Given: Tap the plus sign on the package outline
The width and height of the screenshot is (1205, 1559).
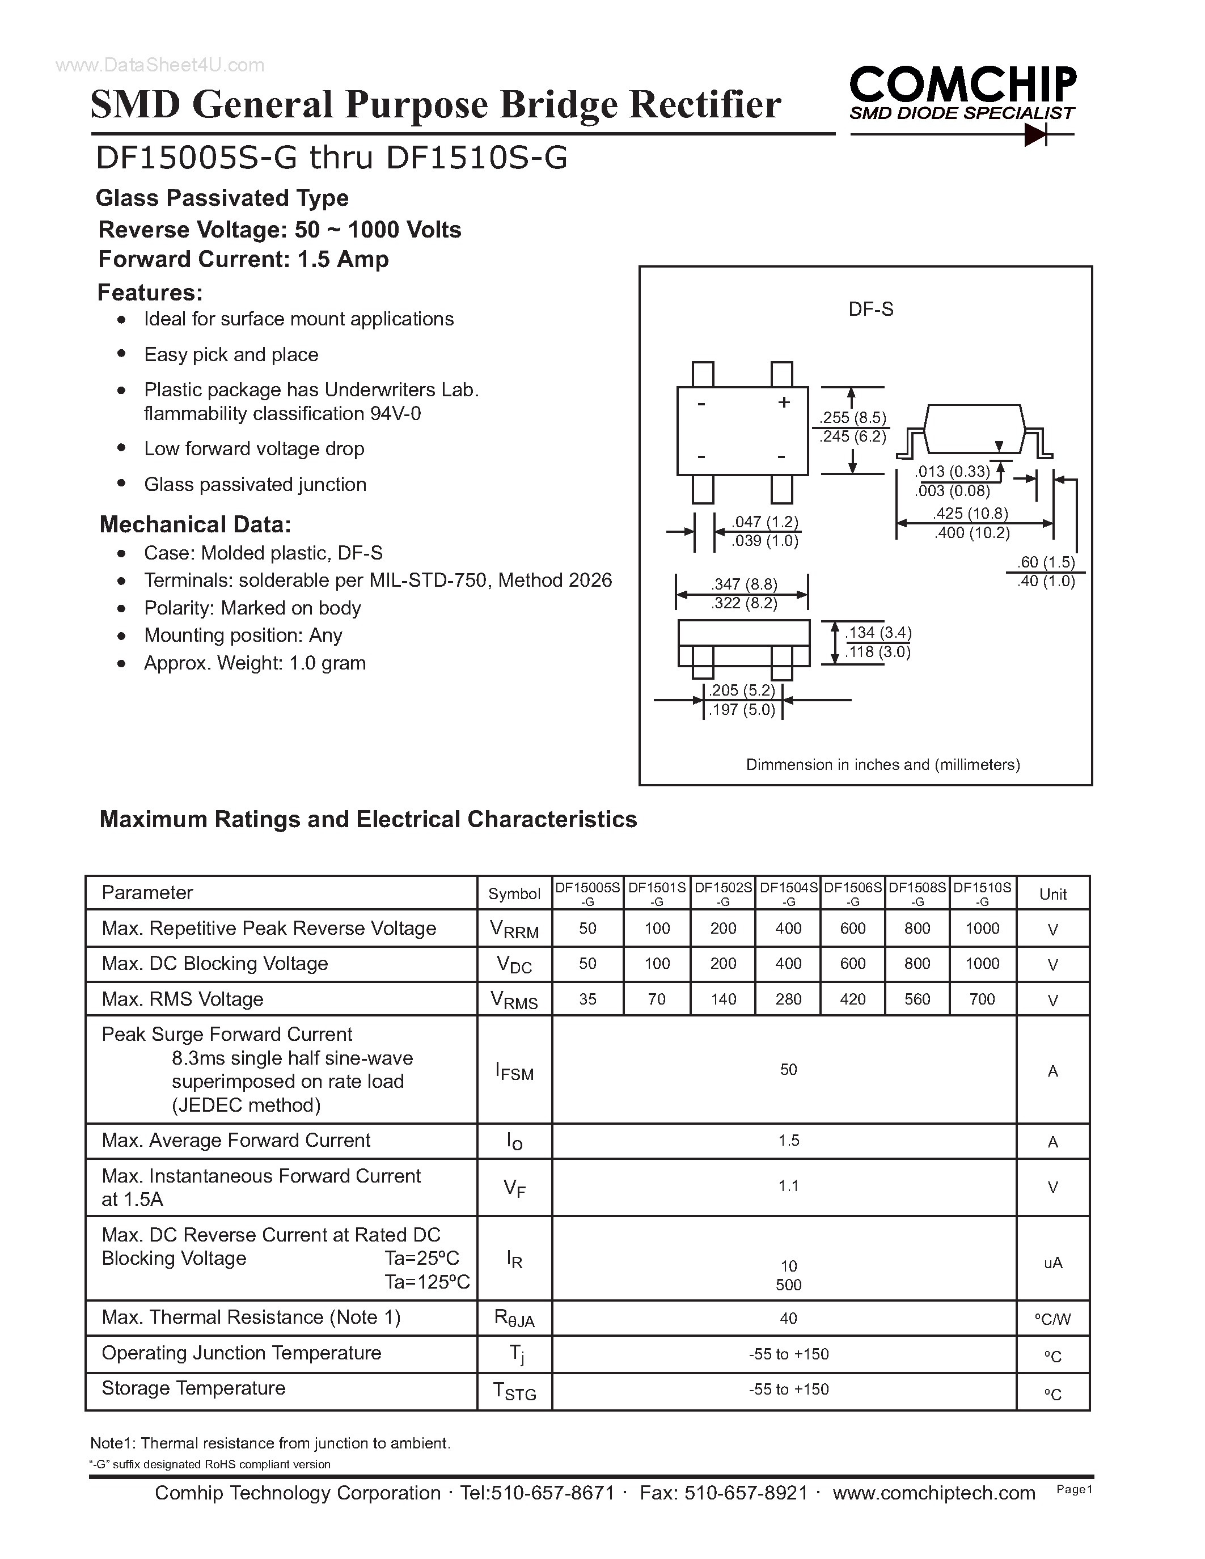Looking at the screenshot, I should click(784, 403).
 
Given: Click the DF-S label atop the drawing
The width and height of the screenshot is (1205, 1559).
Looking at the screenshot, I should click(870, 309).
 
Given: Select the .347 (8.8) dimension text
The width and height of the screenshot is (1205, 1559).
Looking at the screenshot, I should click(744, 584).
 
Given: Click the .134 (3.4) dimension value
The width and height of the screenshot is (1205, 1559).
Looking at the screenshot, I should click(878, 633).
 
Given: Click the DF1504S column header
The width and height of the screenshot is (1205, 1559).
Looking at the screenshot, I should click(788, 887).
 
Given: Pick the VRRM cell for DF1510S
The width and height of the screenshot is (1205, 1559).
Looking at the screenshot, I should click(982, 928).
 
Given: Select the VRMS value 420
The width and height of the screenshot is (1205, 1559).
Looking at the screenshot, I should click(852, 999).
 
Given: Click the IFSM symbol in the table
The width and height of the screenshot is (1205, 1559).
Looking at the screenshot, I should click(514, 1071).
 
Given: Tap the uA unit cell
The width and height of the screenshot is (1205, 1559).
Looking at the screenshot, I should click(1052, 1263).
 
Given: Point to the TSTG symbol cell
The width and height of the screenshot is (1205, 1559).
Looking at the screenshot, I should click(514, 1391).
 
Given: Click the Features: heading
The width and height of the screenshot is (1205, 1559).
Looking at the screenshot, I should click(150, 293).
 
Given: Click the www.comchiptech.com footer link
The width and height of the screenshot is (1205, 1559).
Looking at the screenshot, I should click(934, 1493).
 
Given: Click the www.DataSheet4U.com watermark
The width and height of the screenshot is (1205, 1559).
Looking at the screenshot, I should click(160, 65).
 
